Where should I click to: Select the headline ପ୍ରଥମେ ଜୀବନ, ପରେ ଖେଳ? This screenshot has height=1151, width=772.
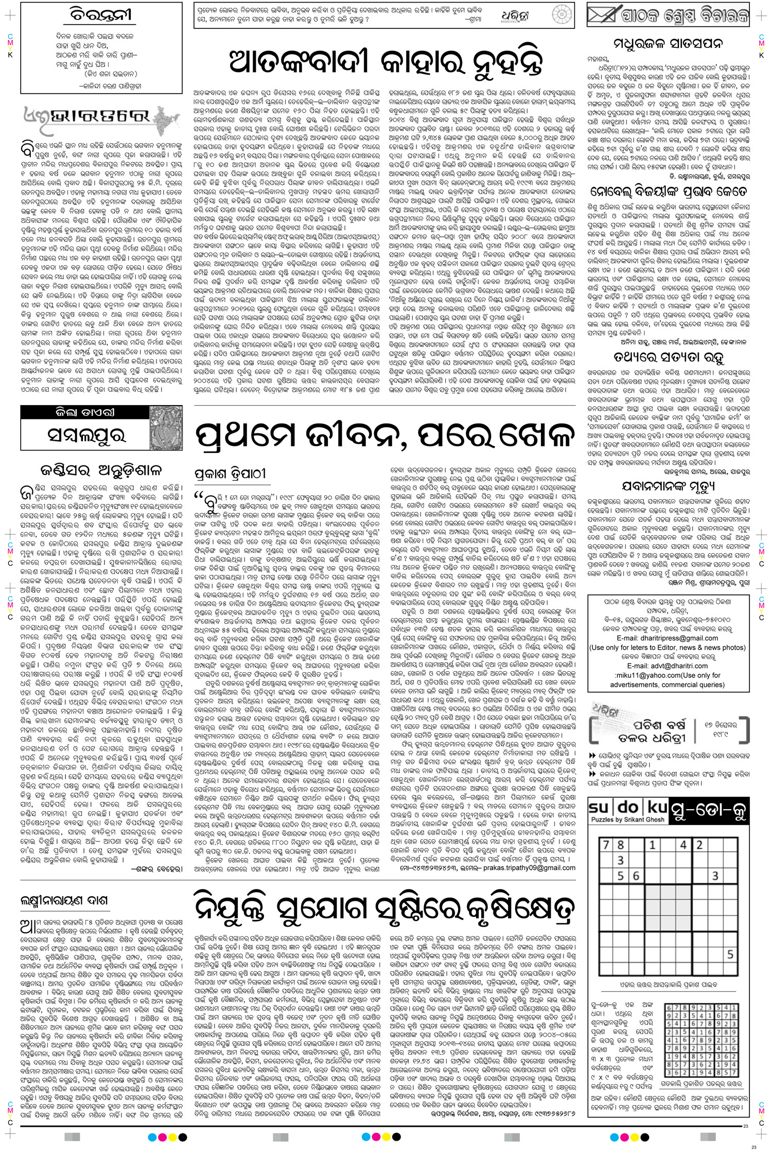click(x=385, y=436)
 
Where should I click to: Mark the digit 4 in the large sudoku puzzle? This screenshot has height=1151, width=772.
click(x=683, y=845)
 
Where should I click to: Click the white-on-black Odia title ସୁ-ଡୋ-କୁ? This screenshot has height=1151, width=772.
click(x=706, y=812)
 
